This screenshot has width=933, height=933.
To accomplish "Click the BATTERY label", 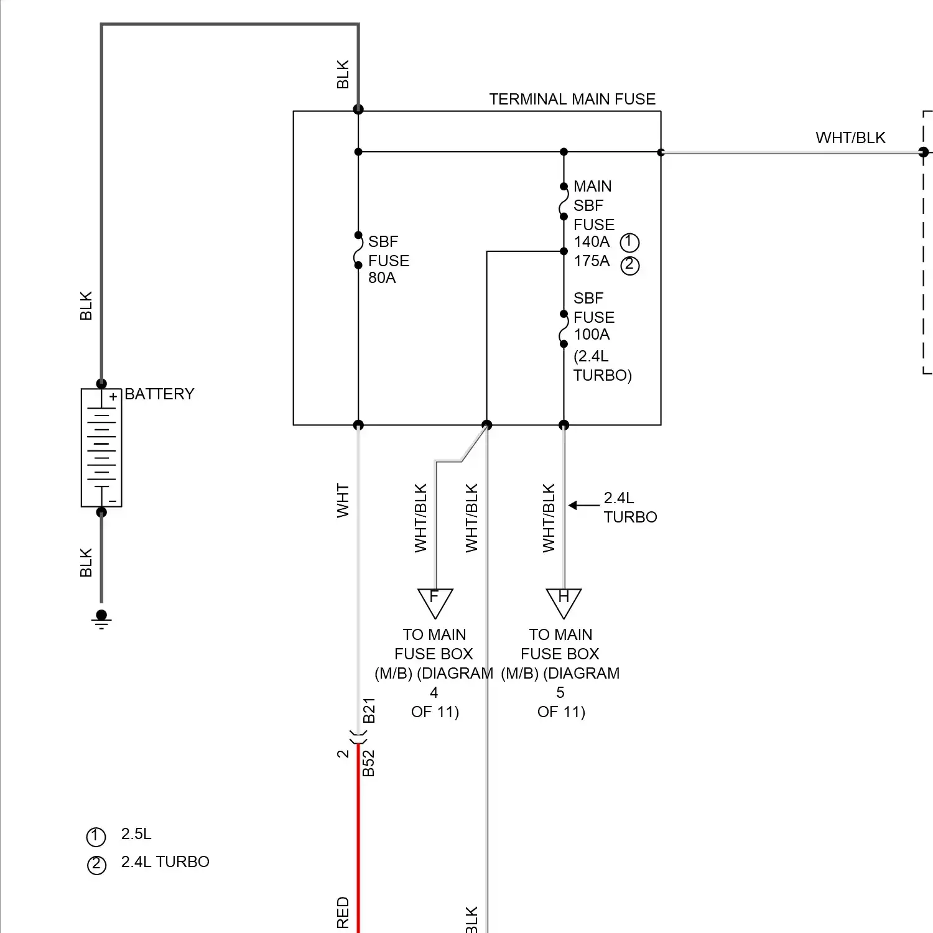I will click(159, 394).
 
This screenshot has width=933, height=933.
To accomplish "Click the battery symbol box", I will click(101, 448).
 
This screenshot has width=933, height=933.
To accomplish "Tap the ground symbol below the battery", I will click(101, 618).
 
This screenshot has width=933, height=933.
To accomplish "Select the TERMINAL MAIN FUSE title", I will click(572, 100).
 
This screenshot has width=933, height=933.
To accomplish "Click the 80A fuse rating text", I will click(382, 278).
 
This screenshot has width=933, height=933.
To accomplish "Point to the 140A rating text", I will click(592, 242).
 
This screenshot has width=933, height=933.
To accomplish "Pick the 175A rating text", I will click(592, 261).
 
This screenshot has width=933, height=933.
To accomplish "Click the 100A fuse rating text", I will click(592, 335).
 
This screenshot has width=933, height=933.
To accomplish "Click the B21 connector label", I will click(369, 710).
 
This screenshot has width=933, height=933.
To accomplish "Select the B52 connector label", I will click(369, 763).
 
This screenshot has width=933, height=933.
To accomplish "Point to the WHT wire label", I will click(343, 501).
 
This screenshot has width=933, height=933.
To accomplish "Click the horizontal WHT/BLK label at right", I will click(850, 138).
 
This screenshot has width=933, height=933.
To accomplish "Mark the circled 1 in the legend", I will click(96, 837).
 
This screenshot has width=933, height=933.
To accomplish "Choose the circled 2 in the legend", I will click(96, 865).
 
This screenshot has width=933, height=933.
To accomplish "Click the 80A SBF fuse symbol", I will click(358, 251).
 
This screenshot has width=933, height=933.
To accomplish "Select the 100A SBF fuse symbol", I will click(564, 329).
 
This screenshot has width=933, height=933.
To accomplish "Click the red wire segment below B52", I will click(358, 840).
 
